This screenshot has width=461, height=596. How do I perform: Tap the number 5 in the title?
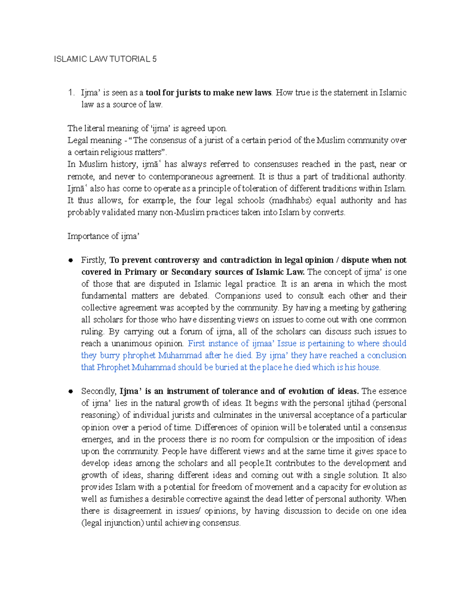click(154, 59)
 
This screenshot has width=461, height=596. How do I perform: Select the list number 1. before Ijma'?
click(70, 93)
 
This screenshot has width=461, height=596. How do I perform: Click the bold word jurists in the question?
click(188, 93)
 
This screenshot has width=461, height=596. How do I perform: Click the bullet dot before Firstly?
click(70, 261)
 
